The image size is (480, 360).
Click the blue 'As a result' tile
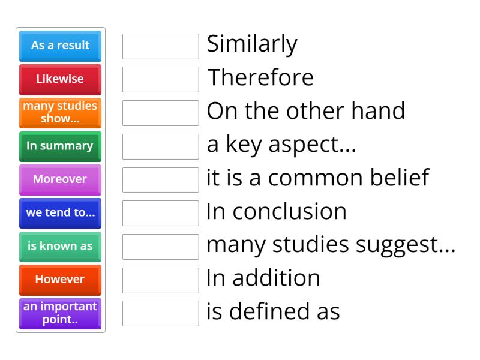(61, 46)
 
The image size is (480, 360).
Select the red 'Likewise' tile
(61, 80)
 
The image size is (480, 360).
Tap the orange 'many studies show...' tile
(61, 113)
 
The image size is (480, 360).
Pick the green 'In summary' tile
(61, 146)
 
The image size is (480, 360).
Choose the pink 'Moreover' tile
(61, 180)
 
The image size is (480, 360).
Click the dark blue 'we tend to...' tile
(61, 214)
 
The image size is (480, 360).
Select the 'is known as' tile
(61, 247)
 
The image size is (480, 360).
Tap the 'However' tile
(61, 280)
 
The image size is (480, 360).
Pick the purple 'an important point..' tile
(61, 314)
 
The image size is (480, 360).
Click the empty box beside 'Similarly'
(161, 47)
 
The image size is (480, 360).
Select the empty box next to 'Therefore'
(161, 80)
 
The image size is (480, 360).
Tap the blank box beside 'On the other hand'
(161, 113)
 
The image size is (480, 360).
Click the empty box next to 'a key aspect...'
(161, 146)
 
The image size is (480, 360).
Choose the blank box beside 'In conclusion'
(161, 214)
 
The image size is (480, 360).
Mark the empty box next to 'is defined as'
(161, 313)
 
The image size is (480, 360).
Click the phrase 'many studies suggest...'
(331, 245)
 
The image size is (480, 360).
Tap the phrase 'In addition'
(263, 278)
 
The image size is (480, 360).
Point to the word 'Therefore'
(260, 77)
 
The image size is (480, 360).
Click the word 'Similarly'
(252, 44)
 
